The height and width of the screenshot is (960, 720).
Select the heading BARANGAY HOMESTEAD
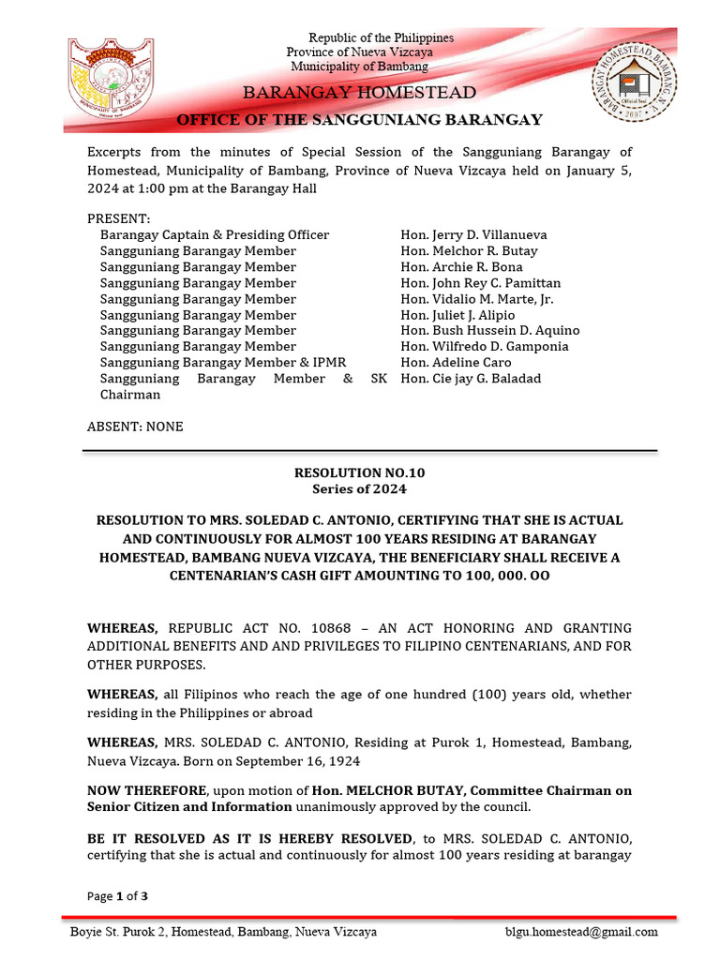click(360, 93)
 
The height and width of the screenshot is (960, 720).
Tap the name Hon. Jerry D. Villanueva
click(473, 235)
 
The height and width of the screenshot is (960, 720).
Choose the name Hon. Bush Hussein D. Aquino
click(489, 331)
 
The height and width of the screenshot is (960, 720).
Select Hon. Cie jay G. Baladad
click(471, 379)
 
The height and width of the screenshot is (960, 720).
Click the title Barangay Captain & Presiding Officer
click(215, 235)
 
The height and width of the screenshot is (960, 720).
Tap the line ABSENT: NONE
click(135, 427)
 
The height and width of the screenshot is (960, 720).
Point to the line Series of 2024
click(360, 488)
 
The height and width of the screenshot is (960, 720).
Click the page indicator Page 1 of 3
click(117, 896)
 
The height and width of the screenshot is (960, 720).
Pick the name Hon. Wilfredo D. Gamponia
click(484, 347)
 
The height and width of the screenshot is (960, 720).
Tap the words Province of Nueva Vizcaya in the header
click(359, 52)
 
